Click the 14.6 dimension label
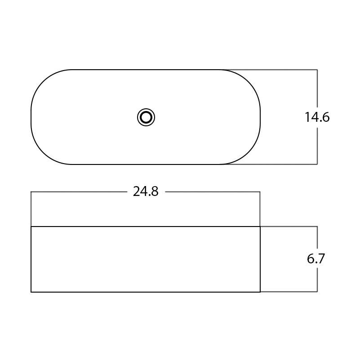click(317, 117)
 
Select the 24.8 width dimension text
click(146, 192)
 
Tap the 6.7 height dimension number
click(316, 259)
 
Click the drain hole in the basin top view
click(146, 117)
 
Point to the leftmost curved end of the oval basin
click(31, 117)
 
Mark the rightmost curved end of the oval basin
click(260, 117)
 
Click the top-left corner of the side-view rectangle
click(31, 227)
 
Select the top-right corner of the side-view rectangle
click(260, 227)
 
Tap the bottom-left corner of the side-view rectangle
click(31, 292)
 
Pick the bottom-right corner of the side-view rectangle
click(260, 292)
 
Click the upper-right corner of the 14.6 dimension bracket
click(317, 70)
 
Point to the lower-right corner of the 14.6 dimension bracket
click(317, 164)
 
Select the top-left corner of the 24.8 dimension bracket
click(31, 192)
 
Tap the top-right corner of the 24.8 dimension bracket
click(260, 192)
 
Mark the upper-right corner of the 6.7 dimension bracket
click(317, 227)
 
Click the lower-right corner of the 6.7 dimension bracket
click(317, 292)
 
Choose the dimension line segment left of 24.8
click(79, 192)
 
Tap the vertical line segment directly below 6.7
click(317, 280)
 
